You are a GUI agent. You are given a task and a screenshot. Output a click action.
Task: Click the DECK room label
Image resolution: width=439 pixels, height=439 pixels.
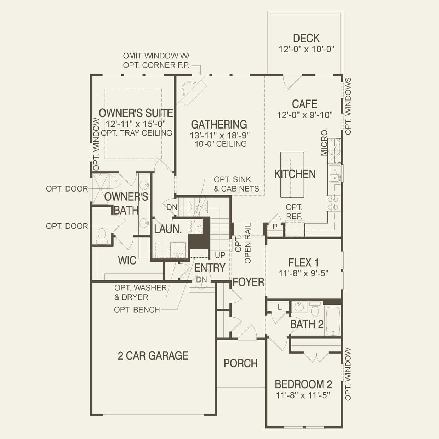tap(306, 38)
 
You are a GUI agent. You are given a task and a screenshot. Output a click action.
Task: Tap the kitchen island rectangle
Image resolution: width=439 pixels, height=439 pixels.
tap(292, 175)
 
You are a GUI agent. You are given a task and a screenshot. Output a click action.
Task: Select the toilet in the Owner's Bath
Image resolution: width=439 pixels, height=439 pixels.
tap(102, 236)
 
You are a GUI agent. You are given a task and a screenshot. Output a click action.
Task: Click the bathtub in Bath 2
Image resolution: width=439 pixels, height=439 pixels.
tap(333, 321)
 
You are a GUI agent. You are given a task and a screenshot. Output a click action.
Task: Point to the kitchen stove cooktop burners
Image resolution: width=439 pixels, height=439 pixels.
tap(333, 204)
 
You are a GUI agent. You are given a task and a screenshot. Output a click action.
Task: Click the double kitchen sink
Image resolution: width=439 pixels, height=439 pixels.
tap(335, 173)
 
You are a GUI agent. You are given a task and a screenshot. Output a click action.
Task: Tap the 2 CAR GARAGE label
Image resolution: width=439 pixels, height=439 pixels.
tap(153, 355)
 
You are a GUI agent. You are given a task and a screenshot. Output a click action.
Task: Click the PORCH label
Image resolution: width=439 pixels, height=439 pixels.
tap(241, 363)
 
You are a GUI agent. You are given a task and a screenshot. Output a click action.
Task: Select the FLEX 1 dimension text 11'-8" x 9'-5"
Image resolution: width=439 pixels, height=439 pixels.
tap(304, 273)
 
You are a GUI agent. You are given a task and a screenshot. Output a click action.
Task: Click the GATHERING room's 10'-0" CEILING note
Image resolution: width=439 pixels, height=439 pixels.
tap(221, 144)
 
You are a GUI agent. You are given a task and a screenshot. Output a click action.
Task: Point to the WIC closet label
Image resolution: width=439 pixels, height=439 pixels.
tap(127, 261)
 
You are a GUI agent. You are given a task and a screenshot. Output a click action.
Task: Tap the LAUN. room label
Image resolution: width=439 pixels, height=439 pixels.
tap(168, 229)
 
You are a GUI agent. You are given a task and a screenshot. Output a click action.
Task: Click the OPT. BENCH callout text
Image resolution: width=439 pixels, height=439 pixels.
tap(137, 309)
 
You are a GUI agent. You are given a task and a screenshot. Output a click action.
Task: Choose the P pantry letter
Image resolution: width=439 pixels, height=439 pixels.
tap(275, 227)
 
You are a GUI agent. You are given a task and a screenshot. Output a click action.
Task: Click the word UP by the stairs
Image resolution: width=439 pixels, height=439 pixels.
tap(220, 255)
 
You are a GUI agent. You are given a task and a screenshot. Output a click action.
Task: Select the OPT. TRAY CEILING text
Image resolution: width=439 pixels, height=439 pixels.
tap(136, 133)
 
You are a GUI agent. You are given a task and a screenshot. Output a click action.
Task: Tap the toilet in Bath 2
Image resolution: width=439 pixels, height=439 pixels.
tap(315, 309)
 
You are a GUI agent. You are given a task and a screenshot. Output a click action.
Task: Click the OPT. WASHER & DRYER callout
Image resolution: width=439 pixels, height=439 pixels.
tap(141, 292)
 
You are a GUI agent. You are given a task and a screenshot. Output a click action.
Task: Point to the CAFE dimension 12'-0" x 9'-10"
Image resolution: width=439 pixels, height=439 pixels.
tap(305, 115)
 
